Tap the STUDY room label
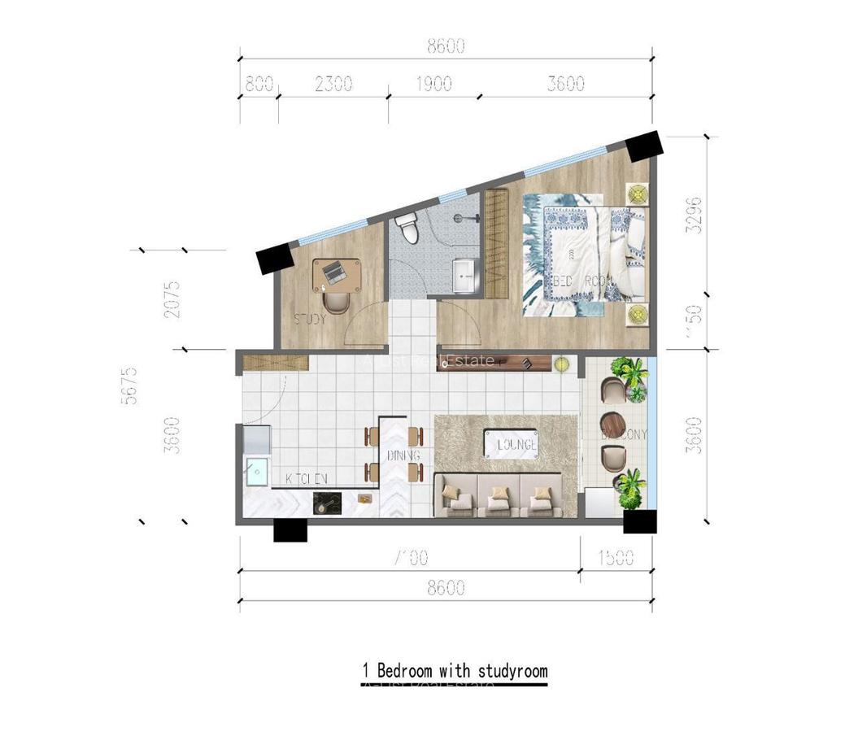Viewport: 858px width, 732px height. coord(310,319)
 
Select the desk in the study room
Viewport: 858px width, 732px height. coord(338,274)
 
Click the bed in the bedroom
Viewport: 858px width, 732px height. coord(584,254)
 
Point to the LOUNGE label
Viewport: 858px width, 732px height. coord(516,445)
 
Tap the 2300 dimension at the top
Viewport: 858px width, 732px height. coord(333,83)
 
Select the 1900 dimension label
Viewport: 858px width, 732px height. coord(433,83)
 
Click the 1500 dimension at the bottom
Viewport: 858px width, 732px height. coord(615,558)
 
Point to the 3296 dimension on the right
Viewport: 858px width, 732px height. coord(694,216)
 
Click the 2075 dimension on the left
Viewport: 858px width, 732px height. coord(171,298)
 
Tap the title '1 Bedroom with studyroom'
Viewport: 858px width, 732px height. coord(455,672)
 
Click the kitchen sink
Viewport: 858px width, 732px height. coord(258,471)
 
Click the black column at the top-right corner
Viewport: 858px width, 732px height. coord(645,146)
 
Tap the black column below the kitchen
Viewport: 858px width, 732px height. coord(290,530)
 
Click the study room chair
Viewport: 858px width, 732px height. coord(336,303)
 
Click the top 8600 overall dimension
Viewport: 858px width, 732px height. coord(446,46)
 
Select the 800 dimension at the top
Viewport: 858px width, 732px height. coord(258,83)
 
